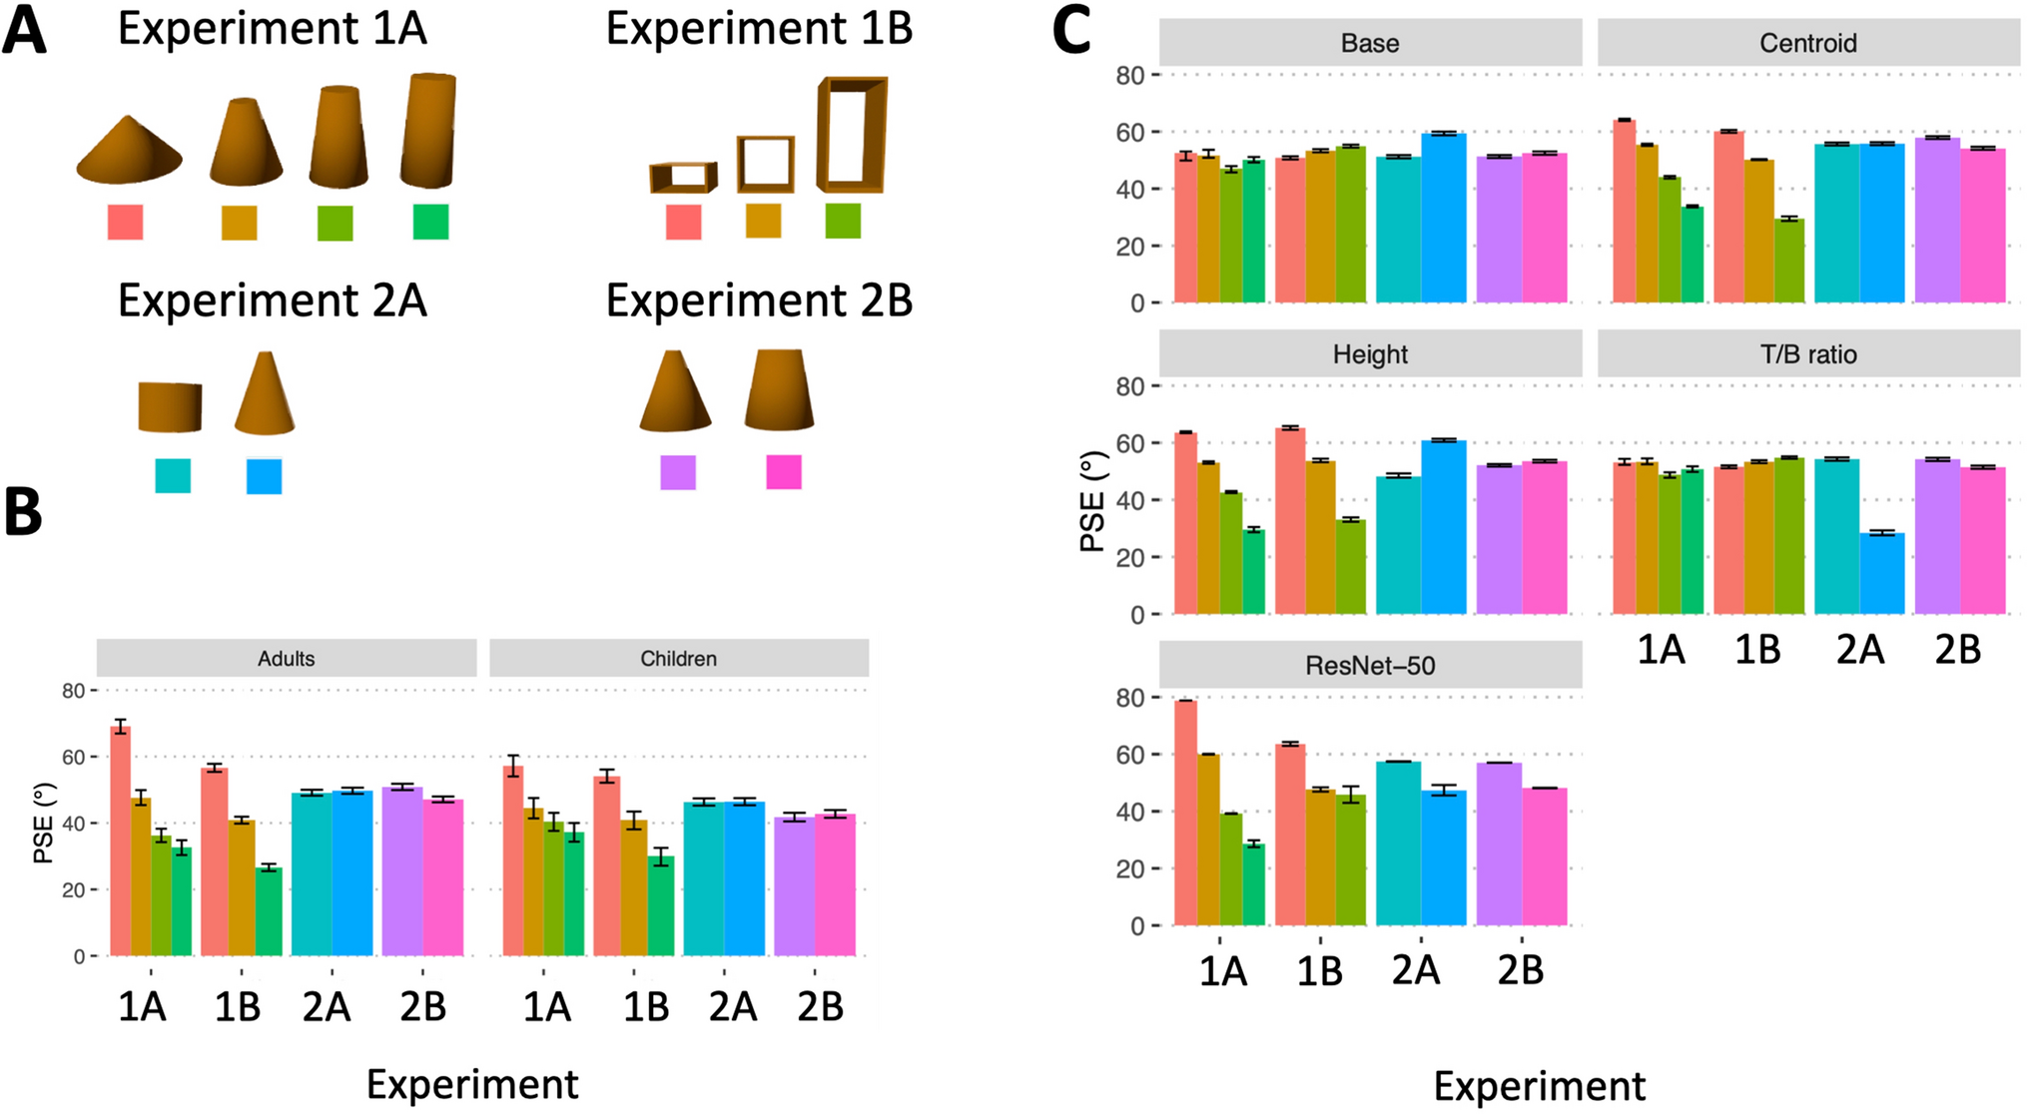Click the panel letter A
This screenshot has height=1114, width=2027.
tap(24, 30)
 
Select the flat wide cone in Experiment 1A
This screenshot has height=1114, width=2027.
tap(129, 153)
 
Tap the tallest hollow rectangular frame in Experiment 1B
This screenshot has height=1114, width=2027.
tap(852, 134)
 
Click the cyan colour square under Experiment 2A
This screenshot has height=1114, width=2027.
tap(173, 475)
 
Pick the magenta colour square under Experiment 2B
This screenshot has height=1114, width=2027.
tap(783, 472)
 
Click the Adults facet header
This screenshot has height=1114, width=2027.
tap(287, 659)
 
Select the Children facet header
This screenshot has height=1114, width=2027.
tap(678, 659)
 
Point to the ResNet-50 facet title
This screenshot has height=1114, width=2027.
tap(1370, 666)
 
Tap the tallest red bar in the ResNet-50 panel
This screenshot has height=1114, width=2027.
tap(1185, 813)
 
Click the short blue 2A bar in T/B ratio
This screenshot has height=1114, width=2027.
tap(1881, 573)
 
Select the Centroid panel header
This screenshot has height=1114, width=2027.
tap(1808, 43)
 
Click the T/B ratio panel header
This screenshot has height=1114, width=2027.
tap(1808, 354)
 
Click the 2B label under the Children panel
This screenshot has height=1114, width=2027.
tap(820, 1007)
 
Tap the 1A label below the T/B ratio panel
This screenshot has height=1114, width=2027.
tap(1661, 650)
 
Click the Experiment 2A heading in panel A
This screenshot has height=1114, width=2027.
tap(272, 300)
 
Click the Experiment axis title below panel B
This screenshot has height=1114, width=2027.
tap(472, 1084)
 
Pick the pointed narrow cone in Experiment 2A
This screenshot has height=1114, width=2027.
tap(265, 394)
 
